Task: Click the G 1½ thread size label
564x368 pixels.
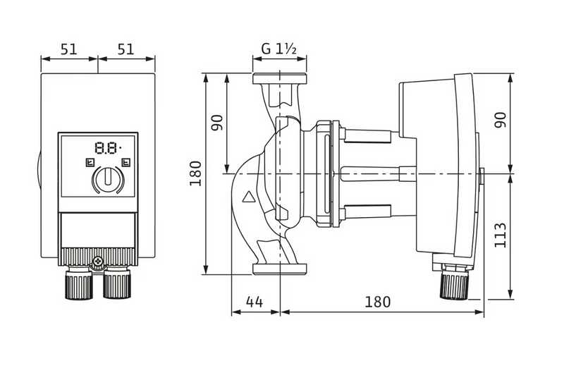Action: [x=279, y=49]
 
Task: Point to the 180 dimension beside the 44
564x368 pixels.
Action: [x=379, y=302]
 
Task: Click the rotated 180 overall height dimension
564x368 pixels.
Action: [x=195, y=172]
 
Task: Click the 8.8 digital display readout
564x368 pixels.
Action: [x=107, y=148]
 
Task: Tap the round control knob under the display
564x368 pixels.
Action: [x=107, y=178]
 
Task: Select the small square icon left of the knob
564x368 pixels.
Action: [x=87, y=162]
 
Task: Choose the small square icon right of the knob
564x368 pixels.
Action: [x=125, y=162]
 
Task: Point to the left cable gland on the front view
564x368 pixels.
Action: [x=79, y=286]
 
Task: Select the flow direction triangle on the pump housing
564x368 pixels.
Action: [x=248, y=198]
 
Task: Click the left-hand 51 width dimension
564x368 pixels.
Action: [x=68, y=49]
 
